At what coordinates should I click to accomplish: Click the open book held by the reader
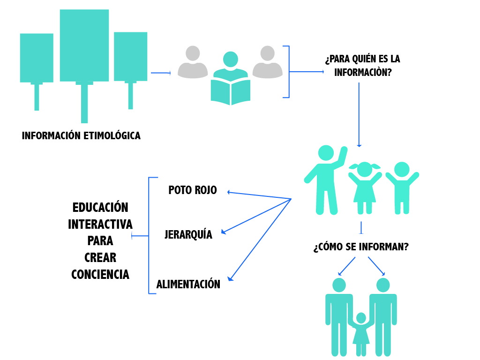tap(230, 92)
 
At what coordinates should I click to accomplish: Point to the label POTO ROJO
tap(193, 190)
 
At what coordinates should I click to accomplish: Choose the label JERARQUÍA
tap(188, 235)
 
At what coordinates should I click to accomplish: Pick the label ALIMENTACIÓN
tap(188, 285)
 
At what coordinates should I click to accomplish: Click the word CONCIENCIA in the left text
tap(100, 274)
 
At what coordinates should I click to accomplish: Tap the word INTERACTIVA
tap(100, 224)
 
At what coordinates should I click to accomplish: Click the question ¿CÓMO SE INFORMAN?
tap(360, 247)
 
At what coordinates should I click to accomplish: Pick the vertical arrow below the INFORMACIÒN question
tap(359, 115)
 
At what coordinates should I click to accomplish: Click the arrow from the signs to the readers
tap(160, 73)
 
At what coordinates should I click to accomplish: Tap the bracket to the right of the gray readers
tap(287, 72)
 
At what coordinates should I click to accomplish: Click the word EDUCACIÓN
tap(100, 207)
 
